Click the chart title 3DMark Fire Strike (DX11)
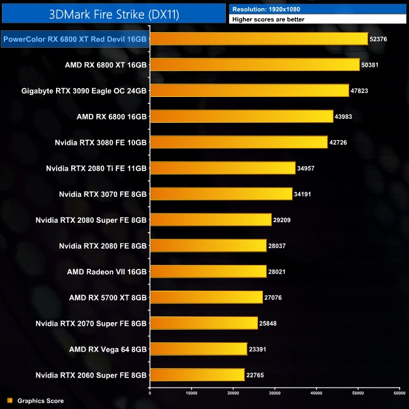coord(113,13)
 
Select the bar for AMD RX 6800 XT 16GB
coord(254,65)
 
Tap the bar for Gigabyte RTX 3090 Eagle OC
coord(249,91)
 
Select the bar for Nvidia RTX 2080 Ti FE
coord(222,168)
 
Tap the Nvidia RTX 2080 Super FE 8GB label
coord(91,220)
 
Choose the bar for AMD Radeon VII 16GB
coord(208,271)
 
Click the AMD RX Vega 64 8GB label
coord(108,349)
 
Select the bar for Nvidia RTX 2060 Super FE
coord(197,374)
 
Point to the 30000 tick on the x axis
coord(274,393)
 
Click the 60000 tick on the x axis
coord(398,393)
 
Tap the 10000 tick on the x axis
coord(191,393)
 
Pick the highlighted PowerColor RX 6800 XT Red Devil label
coord(75,39)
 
